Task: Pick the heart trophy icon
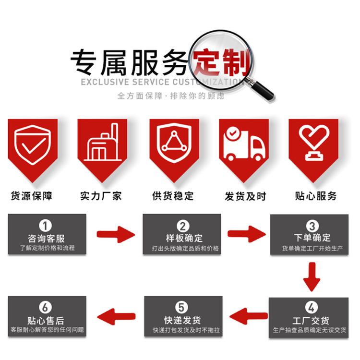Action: [312, 142]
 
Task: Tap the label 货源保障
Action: [32, 196]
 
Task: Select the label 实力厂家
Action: [101, 196]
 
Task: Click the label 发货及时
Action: [243, 196]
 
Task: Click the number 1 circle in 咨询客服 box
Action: [46, 226]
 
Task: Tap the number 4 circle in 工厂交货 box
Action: [312, 308]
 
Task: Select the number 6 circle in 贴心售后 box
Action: [46, 308]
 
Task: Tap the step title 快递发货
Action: [182, 320]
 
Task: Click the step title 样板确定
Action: [182, 238]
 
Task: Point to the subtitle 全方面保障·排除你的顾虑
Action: [170, 96]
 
